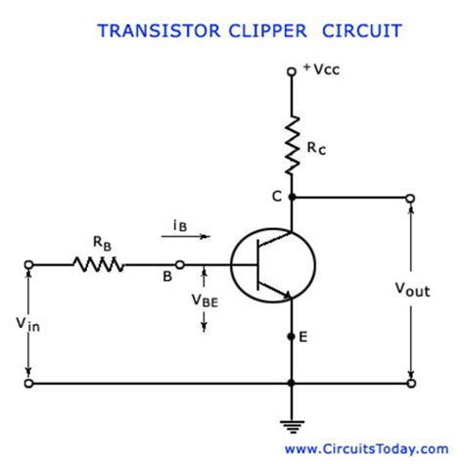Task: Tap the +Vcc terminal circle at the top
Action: point(291,72)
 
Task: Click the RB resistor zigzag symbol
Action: point(97,263)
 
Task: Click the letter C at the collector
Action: point(276,196)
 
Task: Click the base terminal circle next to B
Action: point(179,264)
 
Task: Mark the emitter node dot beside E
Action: point(291,337)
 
